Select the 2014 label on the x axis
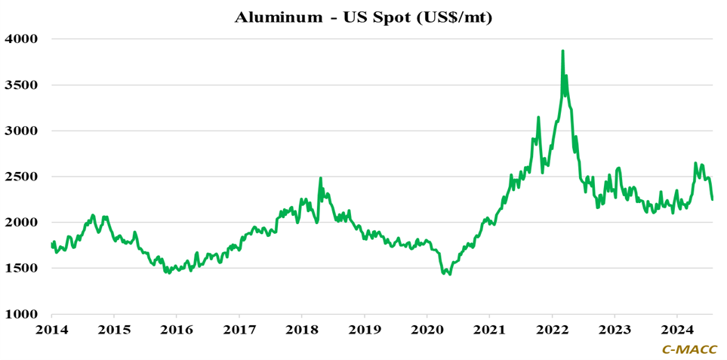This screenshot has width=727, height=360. click(x=51, y=330)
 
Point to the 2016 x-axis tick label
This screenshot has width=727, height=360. click(x=176, y=330)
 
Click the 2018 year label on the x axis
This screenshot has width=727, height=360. click(x=301, y=330)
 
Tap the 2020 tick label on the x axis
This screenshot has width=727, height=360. click(x=427, y=330)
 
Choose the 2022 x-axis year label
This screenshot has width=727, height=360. click(x=552, y=330)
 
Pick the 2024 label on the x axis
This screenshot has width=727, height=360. click(x=677, y=330)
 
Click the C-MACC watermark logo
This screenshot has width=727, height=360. click(x=690, y=349)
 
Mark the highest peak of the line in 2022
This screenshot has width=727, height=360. click(x=562, y=51)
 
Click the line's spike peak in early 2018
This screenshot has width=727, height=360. click(x=321, y=179)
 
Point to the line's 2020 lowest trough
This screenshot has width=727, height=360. click(x=450, y=274)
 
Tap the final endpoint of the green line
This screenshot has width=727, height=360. click(x=712, y=199)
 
